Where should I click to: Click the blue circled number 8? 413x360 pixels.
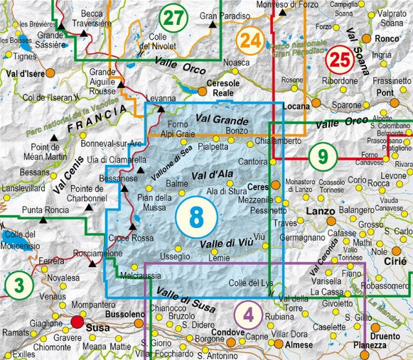[x=195, y=217]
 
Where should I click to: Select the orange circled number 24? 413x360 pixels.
[x=250, y=40]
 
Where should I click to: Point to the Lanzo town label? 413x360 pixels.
[x=318, y=211]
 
